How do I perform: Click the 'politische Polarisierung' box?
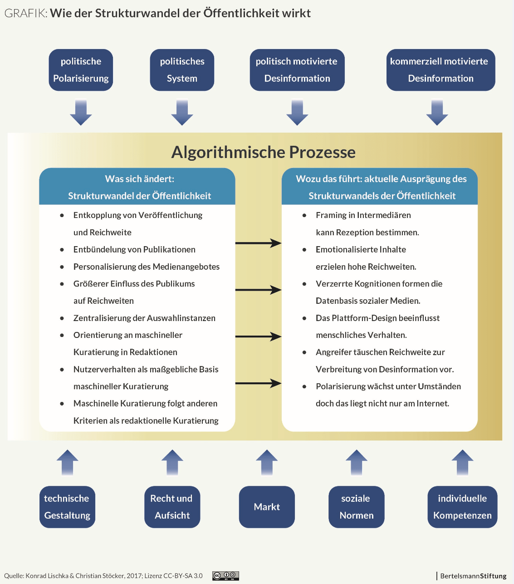pos(81,70)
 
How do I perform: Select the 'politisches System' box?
pos(182,70)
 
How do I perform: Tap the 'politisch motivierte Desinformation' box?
pos(297,70)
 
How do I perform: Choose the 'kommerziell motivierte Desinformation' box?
pos(441,70)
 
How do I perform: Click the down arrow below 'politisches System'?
pos(182,112)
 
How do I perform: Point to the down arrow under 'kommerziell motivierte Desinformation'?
pos(437,112)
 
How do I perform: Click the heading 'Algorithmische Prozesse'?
pos(263,152)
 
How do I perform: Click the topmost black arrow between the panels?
pos(258,243)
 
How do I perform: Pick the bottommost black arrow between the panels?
pos(258,383)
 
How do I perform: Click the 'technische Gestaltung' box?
pos(67,507)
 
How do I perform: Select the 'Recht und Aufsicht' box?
pos(172,507)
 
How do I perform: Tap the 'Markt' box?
pos(267,507)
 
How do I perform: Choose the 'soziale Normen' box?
pos(356,507)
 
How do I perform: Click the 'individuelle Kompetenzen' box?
pos(462,507)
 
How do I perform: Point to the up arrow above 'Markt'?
pos(267,462)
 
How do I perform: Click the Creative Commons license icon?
pos(225,576)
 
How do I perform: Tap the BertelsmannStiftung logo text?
pos(473,576)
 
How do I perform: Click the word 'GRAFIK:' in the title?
pos(25,13)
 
